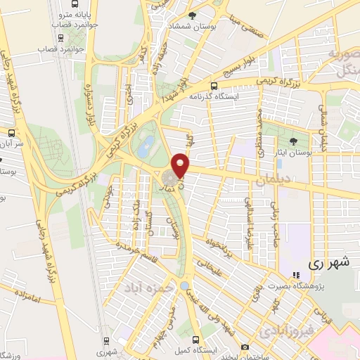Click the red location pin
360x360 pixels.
point(181,164)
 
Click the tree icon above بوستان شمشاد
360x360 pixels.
point(203,14)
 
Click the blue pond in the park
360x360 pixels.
point(146,146)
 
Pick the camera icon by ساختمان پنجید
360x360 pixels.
point(244,347)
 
